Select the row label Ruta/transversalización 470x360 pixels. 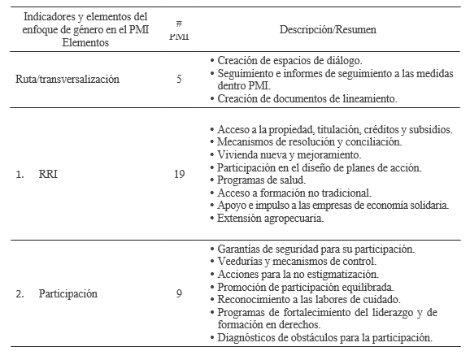(x=67, y=80)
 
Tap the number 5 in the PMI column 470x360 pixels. (x=178, y=80)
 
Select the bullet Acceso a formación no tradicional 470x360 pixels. (x=294, y=193)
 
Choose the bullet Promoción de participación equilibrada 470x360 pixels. (x=306, y=286)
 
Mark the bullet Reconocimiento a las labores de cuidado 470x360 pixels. (x=309, y=298)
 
